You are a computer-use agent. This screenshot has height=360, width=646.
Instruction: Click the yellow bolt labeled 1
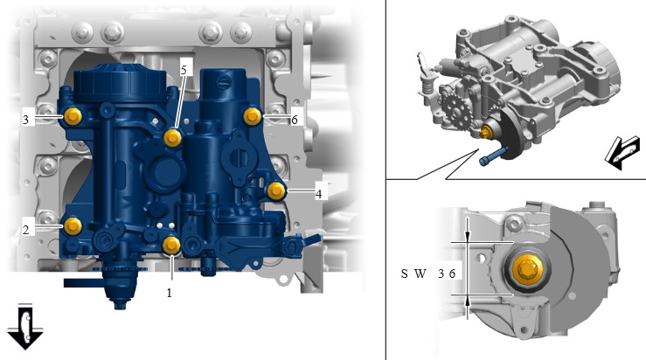click(171, 246)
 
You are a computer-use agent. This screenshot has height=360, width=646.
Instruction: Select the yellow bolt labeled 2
click(73, 226)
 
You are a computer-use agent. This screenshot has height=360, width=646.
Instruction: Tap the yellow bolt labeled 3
click(73, 116)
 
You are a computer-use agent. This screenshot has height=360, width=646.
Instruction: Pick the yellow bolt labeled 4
click(276, 191)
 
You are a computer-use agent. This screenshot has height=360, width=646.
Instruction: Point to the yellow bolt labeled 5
click(172, 137)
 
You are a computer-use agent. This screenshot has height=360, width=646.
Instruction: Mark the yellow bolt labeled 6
click(253, 116)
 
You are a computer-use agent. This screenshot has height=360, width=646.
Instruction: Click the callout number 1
click(169, 293)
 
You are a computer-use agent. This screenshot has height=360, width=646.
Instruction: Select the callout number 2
click(26, 230)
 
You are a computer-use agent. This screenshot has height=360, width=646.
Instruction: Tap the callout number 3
click(26, 120)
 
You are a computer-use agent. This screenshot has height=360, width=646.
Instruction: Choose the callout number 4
click(319, 194)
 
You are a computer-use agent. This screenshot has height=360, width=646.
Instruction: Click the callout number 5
click(184, 70)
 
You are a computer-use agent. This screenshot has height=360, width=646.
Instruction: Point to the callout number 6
click(295, 120)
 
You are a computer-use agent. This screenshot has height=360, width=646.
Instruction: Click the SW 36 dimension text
click(428, 273)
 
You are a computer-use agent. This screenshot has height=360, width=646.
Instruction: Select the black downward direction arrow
click(25, 327)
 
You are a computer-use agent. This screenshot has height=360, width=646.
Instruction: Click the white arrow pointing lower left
click(622, 153)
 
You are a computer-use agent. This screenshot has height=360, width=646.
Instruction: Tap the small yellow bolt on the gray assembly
click(487, 133)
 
